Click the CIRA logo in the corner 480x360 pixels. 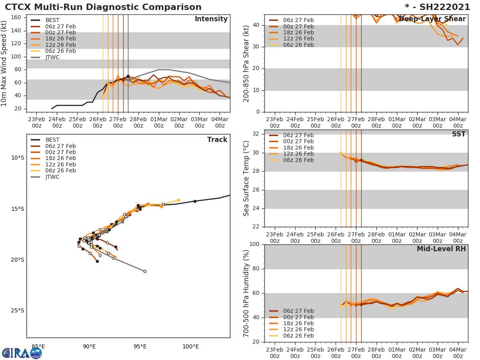[x=22, y=353]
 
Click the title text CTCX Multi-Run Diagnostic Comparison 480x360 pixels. [x=103, y=7]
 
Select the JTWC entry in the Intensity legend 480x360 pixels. [x=52, y=57]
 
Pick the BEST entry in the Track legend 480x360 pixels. [x=52, y=140]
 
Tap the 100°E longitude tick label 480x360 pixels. [x=190, y=346]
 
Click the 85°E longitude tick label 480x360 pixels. [x=38, y=346]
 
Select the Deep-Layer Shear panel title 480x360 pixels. [x=432, y=19]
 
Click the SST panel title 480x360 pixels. [x=458, y=134]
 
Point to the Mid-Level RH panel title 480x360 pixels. [x=441, y=249]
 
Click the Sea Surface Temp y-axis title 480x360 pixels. [x=246, y=178]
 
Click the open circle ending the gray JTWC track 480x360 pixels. [x=145, y=271]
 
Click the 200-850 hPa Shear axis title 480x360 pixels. [x=246, y=63]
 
